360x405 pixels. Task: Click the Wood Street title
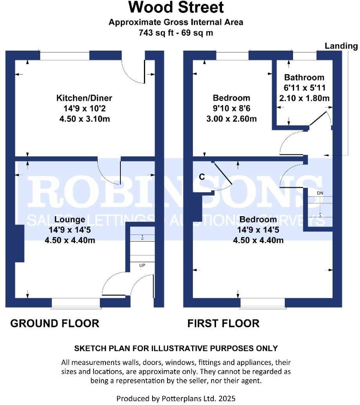coord(176,7)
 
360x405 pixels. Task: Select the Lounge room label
coord(70,219)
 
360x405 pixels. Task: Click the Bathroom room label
coord(304,77)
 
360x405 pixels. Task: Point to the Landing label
coord(341,46)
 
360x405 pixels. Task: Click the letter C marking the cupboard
coord(202,177)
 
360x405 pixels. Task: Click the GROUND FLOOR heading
coord(55,323)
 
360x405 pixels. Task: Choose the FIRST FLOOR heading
coord(223,323)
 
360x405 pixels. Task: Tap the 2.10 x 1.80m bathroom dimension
coord(304,98)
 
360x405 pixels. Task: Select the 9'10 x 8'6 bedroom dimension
coord(231,108)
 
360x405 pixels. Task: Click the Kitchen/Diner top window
coord(65,55)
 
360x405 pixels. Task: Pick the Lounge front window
coord(76,303)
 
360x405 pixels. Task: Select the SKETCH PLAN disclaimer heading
coord(176,348)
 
